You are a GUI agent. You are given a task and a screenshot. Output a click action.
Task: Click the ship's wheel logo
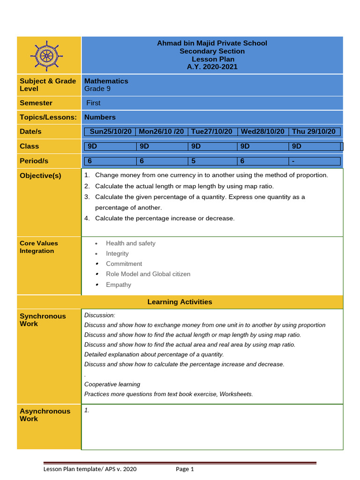[x=45, y=56]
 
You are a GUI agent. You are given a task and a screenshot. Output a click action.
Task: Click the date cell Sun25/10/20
[x=110, y=132]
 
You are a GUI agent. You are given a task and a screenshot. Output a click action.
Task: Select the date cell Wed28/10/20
[x=262, y=132]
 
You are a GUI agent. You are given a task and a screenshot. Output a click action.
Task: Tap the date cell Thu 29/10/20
[x=314, y=132]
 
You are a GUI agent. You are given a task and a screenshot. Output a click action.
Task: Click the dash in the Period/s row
[x=293, y=161]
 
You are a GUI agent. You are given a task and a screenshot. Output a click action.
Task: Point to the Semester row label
[x=36, y=103]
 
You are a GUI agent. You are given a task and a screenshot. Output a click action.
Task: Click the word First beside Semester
[x=93, y=103]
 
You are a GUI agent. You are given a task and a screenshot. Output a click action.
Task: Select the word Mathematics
[x=106, y=81]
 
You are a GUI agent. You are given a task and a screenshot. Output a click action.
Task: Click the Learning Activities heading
[x=180, y=302]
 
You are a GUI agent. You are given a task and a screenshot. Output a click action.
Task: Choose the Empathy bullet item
[x=119, y=285]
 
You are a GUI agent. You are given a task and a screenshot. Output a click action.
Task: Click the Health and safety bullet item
[x=130, y=243]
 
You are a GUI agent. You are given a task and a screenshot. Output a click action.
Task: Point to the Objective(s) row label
[x=40, y=176]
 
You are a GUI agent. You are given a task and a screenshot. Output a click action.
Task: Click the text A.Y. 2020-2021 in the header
[x=212, y=67]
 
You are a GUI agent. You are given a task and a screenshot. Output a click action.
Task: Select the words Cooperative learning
[x=112, y=384]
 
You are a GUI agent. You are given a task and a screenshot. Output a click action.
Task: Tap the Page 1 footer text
[x=185, y=469]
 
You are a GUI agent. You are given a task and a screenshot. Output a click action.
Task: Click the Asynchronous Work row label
[x=45, y=415]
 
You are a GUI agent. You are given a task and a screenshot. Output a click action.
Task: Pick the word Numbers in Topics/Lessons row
[x=100, y=117]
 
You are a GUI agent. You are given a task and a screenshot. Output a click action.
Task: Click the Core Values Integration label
[x=39, y=247]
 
